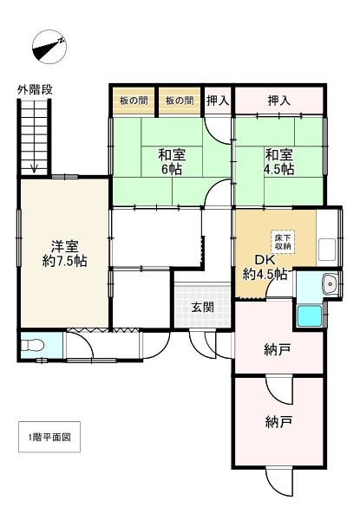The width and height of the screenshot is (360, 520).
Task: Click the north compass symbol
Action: tap(49, 47)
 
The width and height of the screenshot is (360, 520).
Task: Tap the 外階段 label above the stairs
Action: tap(35, 89)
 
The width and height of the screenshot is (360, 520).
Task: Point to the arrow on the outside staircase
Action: tap(34, 168)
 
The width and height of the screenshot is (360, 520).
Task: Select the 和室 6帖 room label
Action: tap(172, 162)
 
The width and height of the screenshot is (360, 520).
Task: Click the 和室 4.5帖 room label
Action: tap(278, 162)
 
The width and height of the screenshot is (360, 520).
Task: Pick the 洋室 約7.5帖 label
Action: tap(65, 254)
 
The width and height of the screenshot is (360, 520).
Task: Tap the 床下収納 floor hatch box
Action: tap(283, 242)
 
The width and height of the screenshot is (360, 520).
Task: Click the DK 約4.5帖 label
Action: tap(265, 267)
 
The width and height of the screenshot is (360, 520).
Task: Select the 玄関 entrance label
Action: tap(202, 308)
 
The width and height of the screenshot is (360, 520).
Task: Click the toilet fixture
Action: tap(32, 345)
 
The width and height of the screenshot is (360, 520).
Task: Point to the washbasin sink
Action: tap(330, 284)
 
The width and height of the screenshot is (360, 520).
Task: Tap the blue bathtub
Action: tap(310, 316)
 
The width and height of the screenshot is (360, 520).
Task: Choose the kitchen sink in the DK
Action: tap(327, 250)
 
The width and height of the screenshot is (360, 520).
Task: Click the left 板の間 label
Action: tap(134, 101)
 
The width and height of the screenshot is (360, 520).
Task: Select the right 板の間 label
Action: tap(180, 101)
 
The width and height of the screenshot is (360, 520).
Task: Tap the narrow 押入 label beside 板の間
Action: tap(218, 101)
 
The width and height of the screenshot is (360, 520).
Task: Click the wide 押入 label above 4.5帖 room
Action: tap(279, 101)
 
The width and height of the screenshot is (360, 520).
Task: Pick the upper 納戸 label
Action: tap(278, 349)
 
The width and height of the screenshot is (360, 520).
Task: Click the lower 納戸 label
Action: tap(278, 423)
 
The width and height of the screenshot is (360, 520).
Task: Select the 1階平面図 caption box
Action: tap(49, 437)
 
